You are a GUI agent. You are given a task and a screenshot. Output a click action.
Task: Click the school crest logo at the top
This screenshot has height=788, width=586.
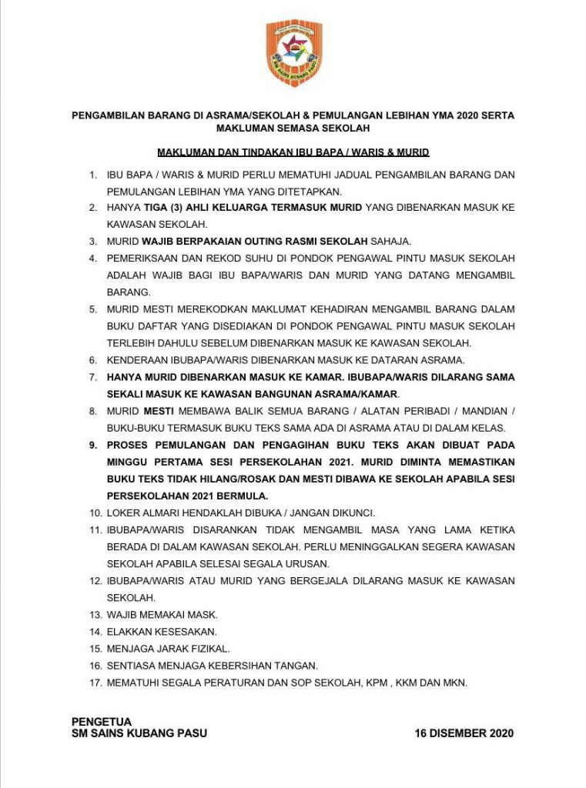coord(293,53)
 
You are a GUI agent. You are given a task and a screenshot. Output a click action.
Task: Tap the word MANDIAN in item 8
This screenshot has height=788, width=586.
coord(485,411)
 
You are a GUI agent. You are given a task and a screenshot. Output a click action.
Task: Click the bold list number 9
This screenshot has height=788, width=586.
coord(93,445)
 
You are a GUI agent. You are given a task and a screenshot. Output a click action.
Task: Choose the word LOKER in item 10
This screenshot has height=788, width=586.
coord(122,513)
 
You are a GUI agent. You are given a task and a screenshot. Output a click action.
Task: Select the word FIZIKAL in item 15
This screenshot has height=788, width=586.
coord(209,649)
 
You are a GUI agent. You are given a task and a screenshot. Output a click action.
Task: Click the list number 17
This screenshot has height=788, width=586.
coord(94,683)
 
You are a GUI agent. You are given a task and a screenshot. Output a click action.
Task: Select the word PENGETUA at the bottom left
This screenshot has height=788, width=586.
coord(102,722)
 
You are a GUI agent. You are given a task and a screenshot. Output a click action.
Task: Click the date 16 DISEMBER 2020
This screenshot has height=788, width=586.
coord(464,733)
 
